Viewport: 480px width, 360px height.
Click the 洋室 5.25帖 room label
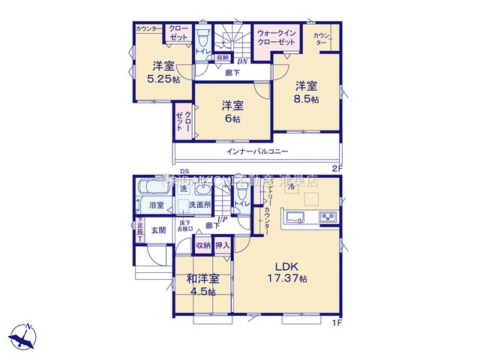(160, 70)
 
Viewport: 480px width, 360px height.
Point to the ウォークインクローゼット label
(278, 38)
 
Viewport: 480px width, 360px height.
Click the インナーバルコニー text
(258, 152)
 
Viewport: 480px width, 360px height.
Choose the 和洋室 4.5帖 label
(203, 284)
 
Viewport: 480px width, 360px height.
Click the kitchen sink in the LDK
(295, 218)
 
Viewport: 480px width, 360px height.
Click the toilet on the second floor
(202, 37)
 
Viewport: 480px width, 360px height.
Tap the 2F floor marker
(337, 169)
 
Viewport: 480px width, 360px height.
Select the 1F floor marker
(337, 323)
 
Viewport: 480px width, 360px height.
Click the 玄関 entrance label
(158, 231)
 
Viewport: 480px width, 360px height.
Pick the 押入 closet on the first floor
(223, 244)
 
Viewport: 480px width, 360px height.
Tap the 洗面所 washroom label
(199, 205)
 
